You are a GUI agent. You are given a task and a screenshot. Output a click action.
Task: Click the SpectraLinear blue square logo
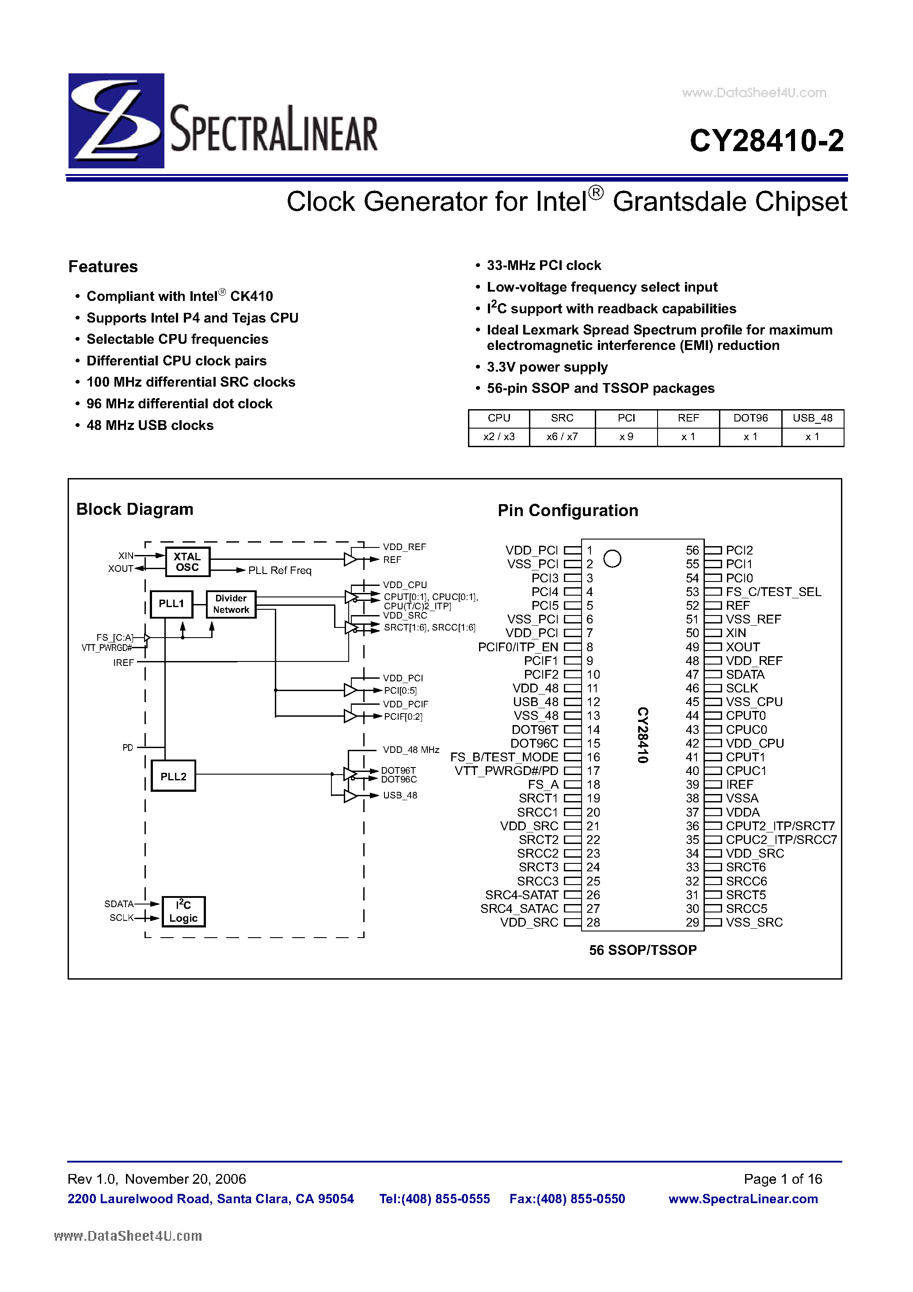[116, 121]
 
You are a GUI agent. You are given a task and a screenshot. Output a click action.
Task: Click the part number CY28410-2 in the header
[766, 141]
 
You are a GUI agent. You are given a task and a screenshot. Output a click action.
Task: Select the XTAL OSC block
[187, 562]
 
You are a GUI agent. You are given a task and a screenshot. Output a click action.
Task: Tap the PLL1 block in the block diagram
[171, 604]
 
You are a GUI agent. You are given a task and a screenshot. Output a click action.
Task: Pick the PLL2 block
[173, 776]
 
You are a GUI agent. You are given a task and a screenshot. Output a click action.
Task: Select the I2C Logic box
[183, 911]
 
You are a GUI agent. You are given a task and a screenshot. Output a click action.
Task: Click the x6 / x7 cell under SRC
[562, 437]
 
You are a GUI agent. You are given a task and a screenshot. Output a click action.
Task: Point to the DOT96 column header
[750, 418]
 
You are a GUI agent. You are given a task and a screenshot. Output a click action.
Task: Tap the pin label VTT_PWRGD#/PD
[506, 771]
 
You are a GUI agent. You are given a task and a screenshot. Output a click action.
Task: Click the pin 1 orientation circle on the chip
[612, 559]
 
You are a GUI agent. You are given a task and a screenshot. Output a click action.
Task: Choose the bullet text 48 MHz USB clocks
[150, 426]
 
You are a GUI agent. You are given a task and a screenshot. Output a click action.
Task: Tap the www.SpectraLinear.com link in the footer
[743, 1199]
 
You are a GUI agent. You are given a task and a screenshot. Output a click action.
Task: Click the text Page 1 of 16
[782, 1179]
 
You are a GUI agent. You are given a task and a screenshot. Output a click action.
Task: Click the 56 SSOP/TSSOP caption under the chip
[642, 950]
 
